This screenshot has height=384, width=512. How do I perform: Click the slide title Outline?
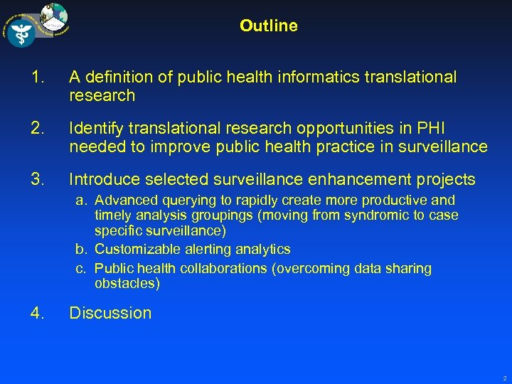point(268,26)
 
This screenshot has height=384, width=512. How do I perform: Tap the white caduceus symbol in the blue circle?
point(21,32)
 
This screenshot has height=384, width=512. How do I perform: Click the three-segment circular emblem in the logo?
point(55,15)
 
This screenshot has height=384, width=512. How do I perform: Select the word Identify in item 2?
point(95,128)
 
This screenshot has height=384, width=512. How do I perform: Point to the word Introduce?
point(100,179)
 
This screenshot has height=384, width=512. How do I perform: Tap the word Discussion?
point(110,313)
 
